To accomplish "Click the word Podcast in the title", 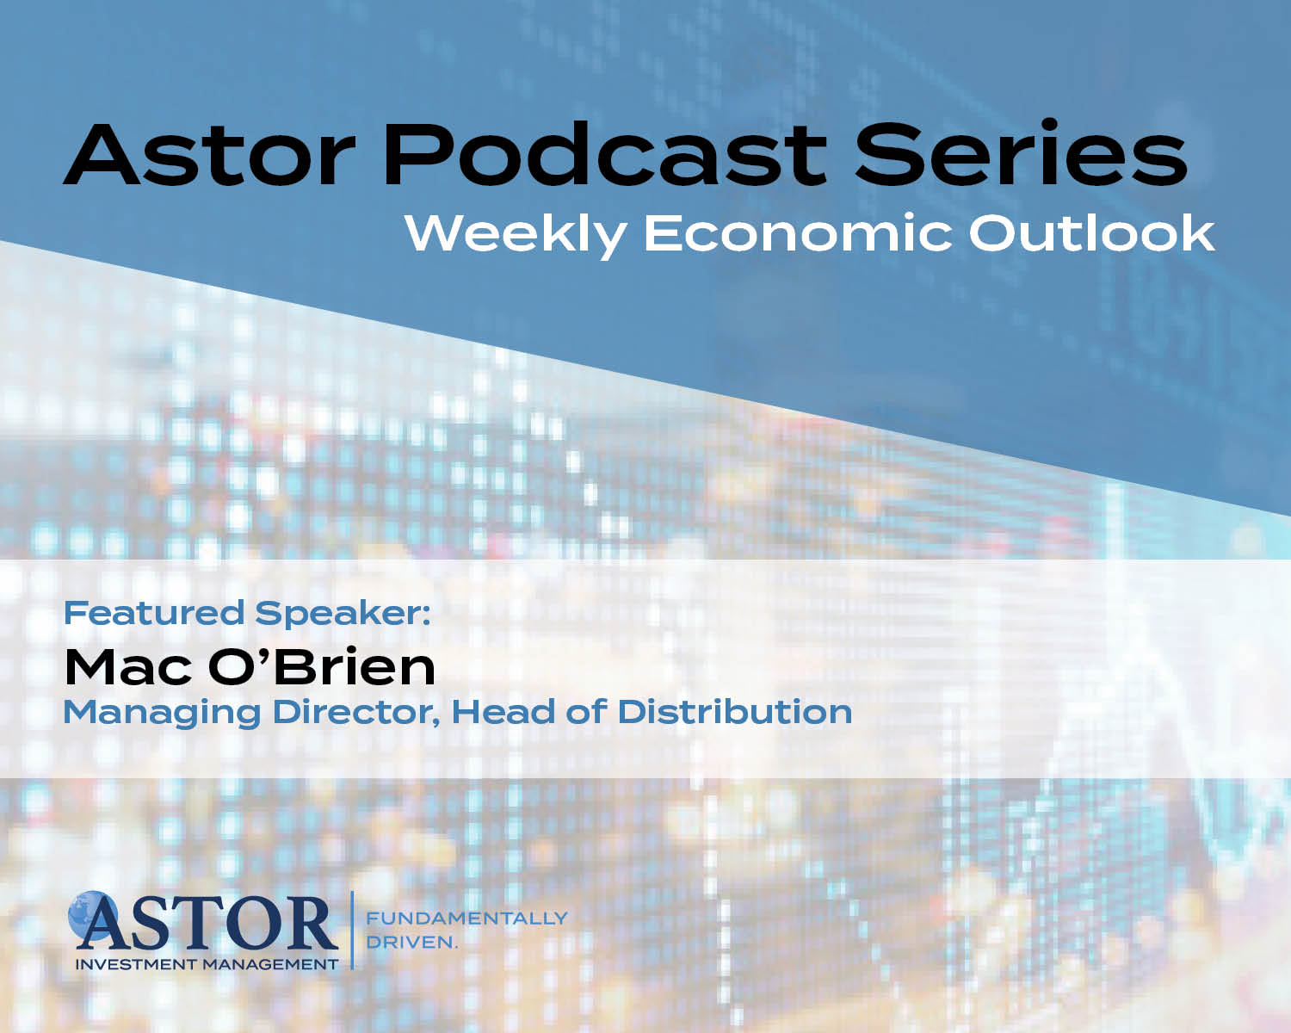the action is tap(605, 154).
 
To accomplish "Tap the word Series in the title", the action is tap(1021, 152).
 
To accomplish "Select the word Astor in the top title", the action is tap(210, 156).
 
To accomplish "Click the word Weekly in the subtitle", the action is tap(516, 235).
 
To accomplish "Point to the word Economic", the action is tap(798, 233).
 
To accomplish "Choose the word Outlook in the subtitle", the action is tap(1092, 233).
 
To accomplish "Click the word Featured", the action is tap(154, 613).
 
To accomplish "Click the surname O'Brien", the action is tap(322, 666).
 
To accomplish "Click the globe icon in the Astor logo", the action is tap(91, 915).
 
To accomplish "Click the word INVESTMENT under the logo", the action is tap(136, 965).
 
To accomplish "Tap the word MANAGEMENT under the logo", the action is tap(270, 965).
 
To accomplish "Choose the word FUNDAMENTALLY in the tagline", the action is tap(466, 919).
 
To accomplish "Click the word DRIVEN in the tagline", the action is tap(411, 943).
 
